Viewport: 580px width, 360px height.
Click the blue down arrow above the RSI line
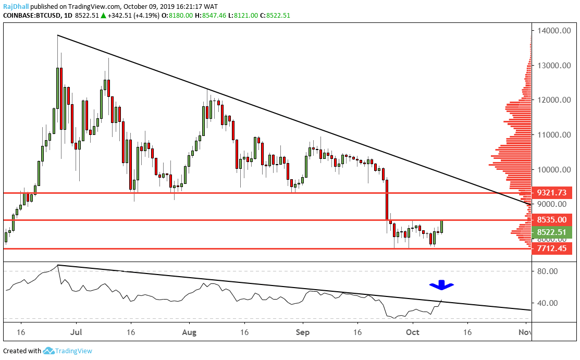tap(441, 285)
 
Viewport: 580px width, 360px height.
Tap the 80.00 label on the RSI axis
tap(549, 271)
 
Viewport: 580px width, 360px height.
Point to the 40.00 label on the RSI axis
tap(549, 303)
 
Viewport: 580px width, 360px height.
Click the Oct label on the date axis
tap(412, 331)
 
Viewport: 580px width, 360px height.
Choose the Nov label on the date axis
tap(525, 331)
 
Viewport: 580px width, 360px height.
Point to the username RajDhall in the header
tap(17, 7)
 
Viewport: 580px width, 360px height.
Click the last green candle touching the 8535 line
tap(442, 227)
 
